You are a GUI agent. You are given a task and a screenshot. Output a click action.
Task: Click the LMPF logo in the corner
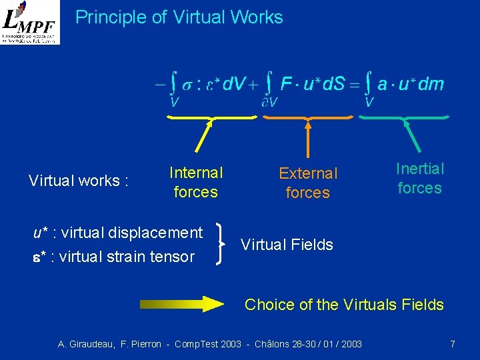(30, 22)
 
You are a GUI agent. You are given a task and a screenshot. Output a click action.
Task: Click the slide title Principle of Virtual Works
(179, 17)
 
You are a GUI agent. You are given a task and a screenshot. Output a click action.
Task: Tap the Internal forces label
(195, 183)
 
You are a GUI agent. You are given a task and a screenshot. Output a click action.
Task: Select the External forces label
(308, 183)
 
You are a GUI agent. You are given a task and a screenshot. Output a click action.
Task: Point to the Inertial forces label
(419, 179)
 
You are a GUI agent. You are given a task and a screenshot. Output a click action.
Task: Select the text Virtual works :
(79, 181)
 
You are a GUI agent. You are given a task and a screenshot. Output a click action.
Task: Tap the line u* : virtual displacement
(118, 233)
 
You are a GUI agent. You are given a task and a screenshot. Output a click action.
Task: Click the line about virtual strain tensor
(114, 257)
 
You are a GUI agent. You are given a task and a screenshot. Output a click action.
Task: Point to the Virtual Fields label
(287, 245)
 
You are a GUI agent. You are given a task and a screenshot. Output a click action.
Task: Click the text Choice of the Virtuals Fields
(344, 305)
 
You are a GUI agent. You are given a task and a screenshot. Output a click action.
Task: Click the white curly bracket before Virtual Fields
(222, 245)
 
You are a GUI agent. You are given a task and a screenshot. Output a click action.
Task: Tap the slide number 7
(453, 344)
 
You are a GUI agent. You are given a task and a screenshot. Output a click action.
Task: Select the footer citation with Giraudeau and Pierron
(210, 344)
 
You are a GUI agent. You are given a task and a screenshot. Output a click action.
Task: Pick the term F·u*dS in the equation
(311, 85)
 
